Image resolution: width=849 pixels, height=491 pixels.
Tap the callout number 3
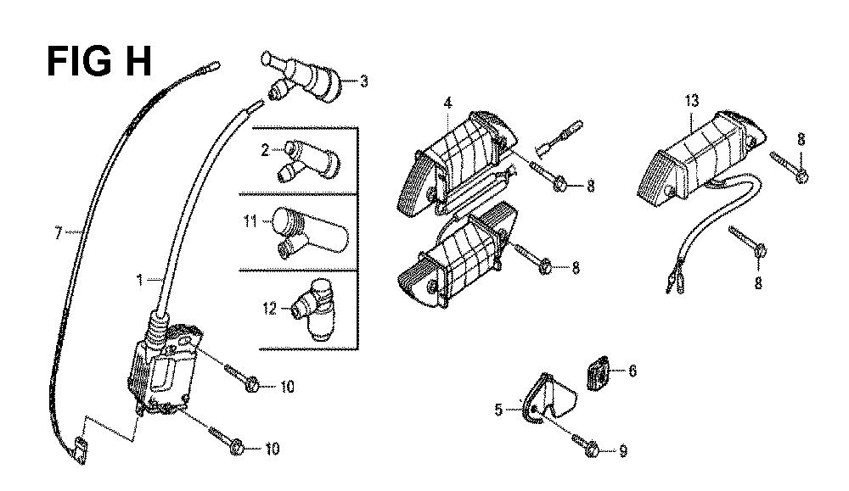click(364, 81)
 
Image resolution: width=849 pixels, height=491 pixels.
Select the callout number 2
click(265, 149)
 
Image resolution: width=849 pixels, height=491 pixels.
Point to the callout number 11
click(250, 221)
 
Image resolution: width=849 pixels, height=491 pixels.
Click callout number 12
click(270, 309)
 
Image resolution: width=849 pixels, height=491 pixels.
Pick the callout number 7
click(58, 233)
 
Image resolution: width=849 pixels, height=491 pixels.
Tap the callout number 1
click(140, 280)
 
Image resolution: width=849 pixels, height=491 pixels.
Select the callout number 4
click(447, 103)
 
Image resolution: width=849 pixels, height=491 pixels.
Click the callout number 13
click(691, 101)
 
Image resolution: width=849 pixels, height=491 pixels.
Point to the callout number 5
click(498, 410)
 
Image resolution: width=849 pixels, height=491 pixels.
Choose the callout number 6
click(632, 371)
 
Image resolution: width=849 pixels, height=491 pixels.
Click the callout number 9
click(623, 450)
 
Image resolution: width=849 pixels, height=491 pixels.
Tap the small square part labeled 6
click(598, 372)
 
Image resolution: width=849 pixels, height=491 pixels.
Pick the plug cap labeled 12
click(314, 310)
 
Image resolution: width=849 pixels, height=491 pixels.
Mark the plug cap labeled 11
click(309, 233)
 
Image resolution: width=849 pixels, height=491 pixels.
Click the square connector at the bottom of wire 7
click(79, 450)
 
